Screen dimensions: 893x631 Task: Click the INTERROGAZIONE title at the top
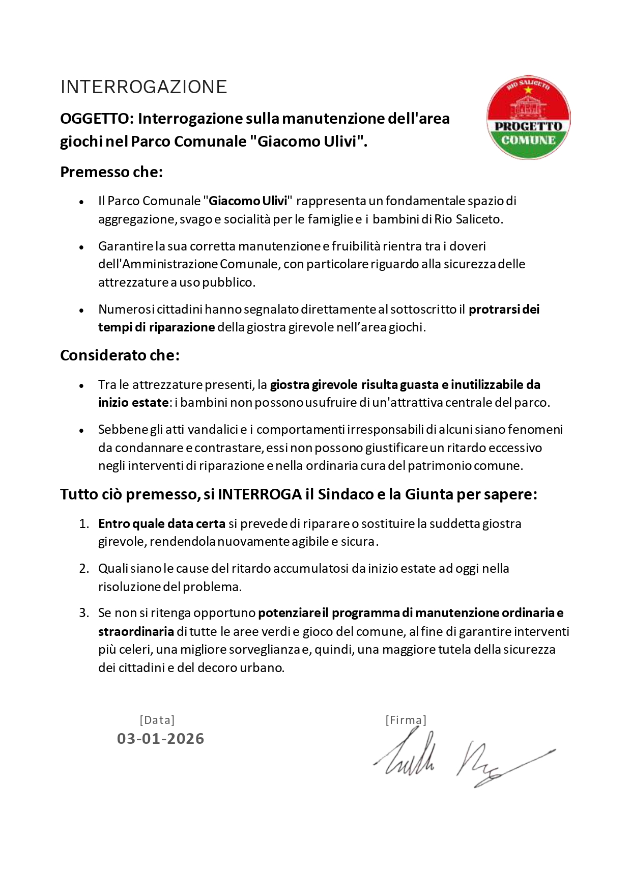point(144,87)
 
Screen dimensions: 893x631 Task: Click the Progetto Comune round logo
point(528,118)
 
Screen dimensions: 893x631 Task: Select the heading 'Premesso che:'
point(111,172)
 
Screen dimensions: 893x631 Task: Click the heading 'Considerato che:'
point(120,355)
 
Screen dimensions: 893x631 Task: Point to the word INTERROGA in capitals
point(260,494)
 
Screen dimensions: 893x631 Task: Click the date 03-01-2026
point(161,738)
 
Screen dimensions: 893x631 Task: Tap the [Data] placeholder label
point(157,720)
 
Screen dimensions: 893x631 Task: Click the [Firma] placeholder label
point(406,720)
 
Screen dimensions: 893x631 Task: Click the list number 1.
point(84,523)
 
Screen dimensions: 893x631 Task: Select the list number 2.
point(84,568)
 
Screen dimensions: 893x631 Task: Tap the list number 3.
point(84,613)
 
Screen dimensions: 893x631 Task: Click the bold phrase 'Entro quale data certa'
point(162,523)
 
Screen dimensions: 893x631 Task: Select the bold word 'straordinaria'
point(136,632)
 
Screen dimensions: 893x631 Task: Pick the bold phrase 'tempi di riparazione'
point(156,327)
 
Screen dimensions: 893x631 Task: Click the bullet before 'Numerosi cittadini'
point(81,310)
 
